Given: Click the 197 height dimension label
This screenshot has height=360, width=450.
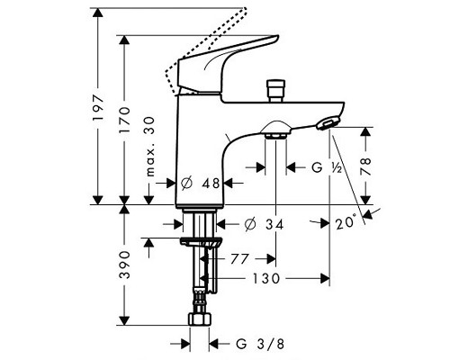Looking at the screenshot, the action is click(x=98, y=108).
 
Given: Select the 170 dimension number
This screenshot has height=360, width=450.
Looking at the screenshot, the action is click(x=124, y=120).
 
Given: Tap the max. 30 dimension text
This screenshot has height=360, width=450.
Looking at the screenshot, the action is click(x=150, y=147).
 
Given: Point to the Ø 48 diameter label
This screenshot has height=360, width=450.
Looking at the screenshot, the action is click(x=201, y=183).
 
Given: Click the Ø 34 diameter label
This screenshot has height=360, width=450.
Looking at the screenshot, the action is click(x=264, y=224).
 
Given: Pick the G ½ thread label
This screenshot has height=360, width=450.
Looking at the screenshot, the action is click(x=327, y=167).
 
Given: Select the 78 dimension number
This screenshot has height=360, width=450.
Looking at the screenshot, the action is click(x=365, y=166).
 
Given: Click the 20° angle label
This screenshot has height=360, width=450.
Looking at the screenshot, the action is click(x=346, y=223).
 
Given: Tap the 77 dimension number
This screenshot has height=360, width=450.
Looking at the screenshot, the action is click(x=240, y=258).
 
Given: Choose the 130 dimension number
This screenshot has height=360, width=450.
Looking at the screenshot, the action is click(x=265, y=279).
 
